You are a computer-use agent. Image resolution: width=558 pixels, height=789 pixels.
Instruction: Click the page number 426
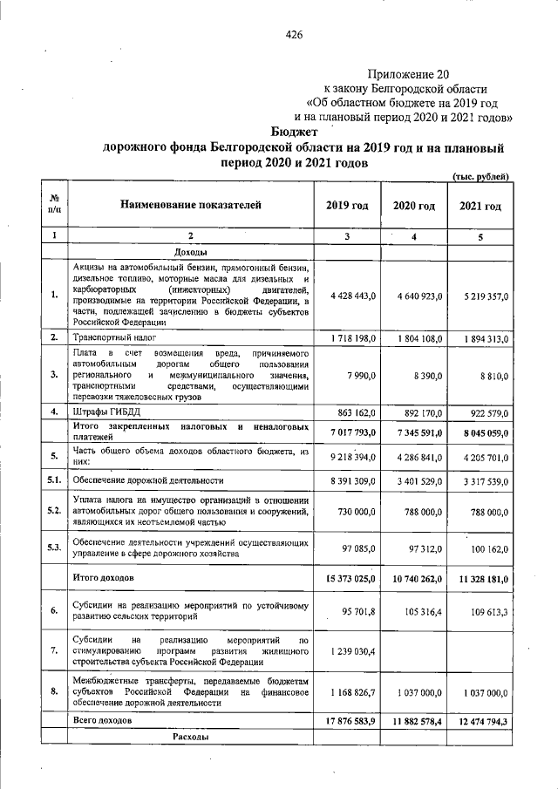pos(294,35)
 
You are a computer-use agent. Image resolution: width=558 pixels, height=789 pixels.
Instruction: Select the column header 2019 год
pos(347,206)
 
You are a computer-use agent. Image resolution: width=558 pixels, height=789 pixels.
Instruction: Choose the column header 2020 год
pos(413,206)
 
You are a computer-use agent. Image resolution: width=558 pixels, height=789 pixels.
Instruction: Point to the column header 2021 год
pos(480,206)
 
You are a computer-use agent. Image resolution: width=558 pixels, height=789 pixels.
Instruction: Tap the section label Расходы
pos(190,738)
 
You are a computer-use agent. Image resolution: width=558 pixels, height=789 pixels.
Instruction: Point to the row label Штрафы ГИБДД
pos(105,412)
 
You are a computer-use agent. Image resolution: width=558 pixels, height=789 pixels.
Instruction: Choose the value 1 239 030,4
pos(353,651)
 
